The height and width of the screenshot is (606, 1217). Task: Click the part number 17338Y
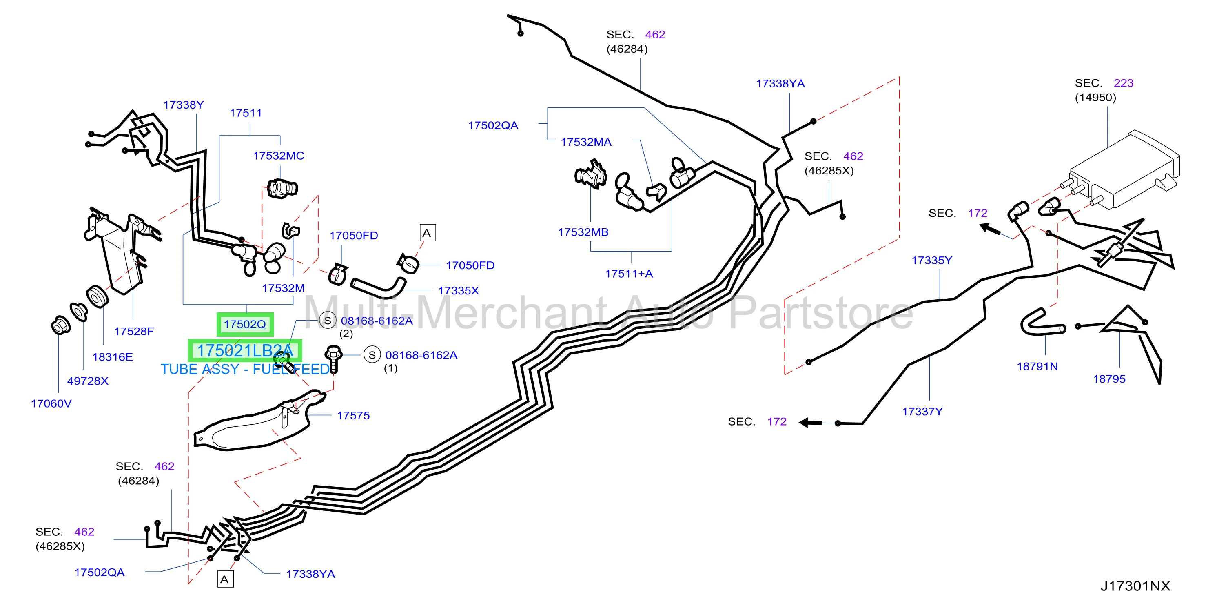pos(183,105)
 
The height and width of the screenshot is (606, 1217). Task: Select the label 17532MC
pos(278,156)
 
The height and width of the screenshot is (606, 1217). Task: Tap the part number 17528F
pos(134,331)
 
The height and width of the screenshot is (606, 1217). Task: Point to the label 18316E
pos(113,357)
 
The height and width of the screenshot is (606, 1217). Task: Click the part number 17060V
pos(51,404)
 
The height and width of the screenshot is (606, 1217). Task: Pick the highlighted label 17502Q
pos(245,324)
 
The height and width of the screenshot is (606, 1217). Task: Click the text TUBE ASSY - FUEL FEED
pos(245,369)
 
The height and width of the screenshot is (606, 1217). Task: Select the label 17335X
pos(458,291)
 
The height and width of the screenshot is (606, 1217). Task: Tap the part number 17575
pos(353,416)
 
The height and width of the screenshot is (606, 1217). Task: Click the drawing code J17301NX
pos(1135,586)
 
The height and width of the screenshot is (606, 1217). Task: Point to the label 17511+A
pos(629,274)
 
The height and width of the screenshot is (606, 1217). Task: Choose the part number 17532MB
pos(583,233)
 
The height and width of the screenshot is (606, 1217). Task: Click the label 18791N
pos(1037,366)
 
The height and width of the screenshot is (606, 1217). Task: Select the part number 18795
pos(1109,379)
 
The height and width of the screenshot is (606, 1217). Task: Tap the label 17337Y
pos(922,412)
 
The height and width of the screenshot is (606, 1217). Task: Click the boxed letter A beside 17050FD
pos(428,233)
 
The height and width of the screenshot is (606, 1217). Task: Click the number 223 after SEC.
pos(1124,83)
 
